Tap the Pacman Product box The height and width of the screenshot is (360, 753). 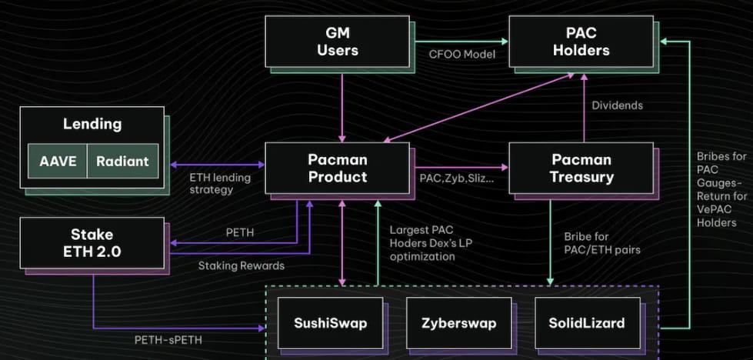[x=337, y=167]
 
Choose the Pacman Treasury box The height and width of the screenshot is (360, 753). [x=582, y=167]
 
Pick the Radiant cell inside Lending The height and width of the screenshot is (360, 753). [x=122, y=162]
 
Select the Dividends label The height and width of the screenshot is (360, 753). [x=617, y=105]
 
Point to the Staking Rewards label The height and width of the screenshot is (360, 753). [x=242, y=265]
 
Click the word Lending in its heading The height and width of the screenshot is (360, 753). [x=92, y=123]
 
